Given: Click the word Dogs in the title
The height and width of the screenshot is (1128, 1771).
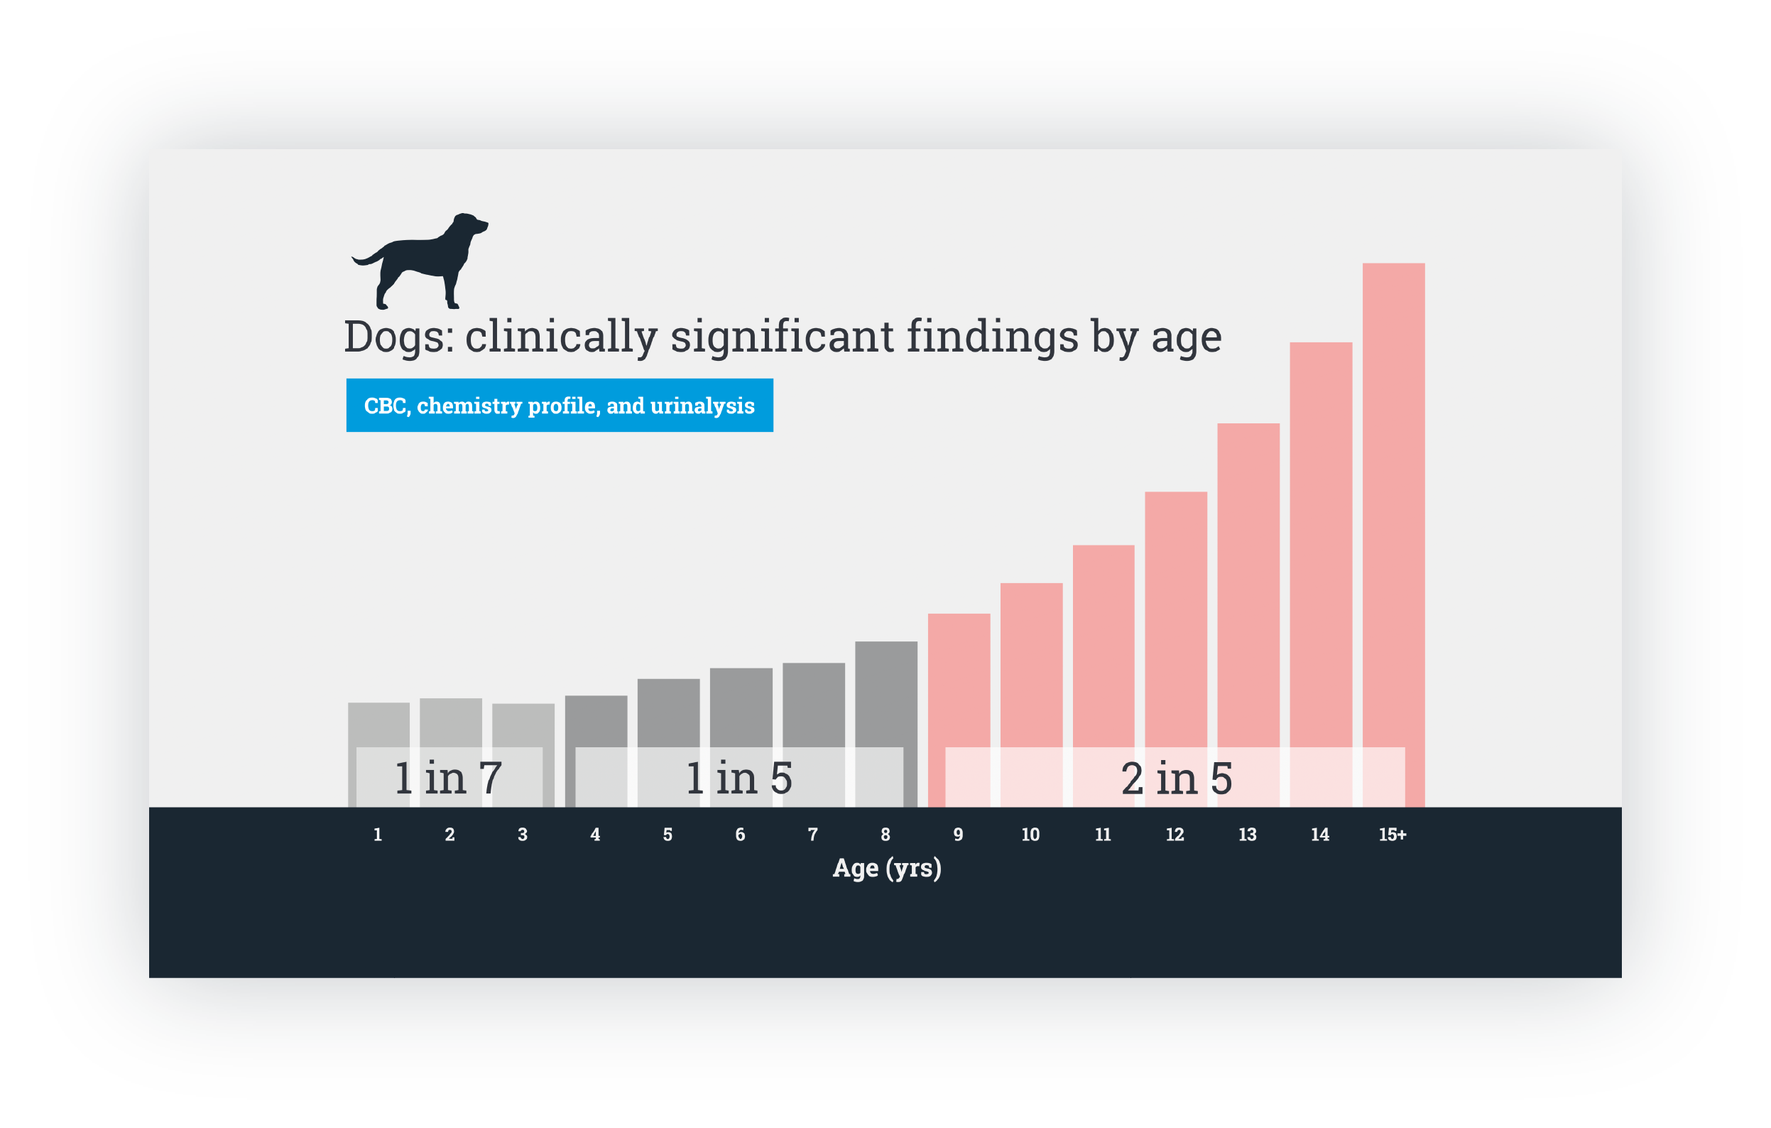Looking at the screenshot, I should click(397, 337).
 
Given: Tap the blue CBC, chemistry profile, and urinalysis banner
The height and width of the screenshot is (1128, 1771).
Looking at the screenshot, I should click(559, 406).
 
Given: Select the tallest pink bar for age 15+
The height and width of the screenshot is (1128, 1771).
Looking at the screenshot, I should click(1393, 500).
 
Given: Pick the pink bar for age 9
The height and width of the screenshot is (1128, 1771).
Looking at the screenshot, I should click(959, 677).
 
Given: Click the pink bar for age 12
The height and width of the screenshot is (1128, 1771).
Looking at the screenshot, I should click(1175, 618).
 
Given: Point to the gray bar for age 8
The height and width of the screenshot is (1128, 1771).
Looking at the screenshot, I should click(886, 692).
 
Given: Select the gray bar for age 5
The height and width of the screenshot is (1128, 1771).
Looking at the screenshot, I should click(667, 710).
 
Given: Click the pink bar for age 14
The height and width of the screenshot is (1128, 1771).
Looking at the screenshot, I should click(1320, 545).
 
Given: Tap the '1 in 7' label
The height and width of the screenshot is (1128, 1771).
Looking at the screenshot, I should click(448, 779).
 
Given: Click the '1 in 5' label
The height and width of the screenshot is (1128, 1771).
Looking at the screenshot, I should click(739, 779).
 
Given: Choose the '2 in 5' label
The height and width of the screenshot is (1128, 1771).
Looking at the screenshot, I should click(1176, 779).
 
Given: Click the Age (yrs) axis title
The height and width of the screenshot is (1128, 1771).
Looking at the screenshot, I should click(887, 868).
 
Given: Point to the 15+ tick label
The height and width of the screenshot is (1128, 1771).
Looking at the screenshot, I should click(1393, 835).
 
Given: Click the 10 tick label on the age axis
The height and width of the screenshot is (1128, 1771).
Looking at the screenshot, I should click(1030, 835).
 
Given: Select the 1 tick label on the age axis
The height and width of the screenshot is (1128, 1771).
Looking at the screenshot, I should click(378, 835).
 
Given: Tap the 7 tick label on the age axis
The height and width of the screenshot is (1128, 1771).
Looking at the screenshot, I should click(812, 835).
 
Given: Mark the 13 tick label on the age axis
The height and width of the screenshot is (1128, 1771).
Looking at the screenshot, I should click(1248, 835).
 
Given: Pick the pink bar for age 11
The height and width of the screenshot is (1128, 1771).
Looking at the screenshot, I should click(1104, 648).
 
